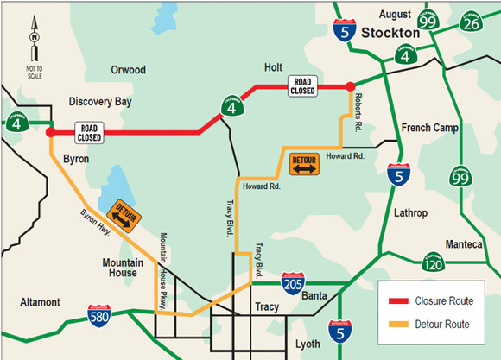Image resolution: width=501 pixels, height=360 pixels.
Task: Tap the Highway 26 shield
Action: coord(470,22)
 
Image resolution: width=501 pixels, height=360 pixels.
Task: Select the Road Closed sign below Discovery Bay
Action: coord(90,131)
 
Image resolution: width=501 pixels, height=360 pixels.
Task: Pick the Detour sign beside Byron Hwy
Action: coord(120,216)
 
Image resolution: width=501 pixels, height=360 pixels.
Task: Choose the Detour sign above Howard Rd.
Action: coord(304,163)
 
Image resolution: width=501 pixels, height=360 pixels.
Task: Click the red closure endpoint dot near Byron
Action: coord(50,133)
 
